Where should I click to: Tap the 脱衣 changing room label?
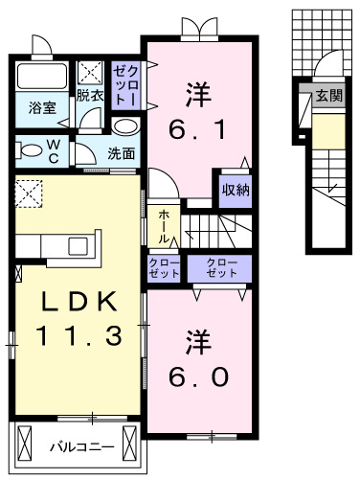tap(91, 96)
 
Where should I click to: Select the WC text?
tap(56, 149)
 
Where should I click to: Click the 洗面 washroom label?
tap(121, 152)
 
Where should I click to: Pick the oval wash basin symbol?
tap(125, 127)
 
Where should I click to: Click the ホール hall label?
tap(163, 225)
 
